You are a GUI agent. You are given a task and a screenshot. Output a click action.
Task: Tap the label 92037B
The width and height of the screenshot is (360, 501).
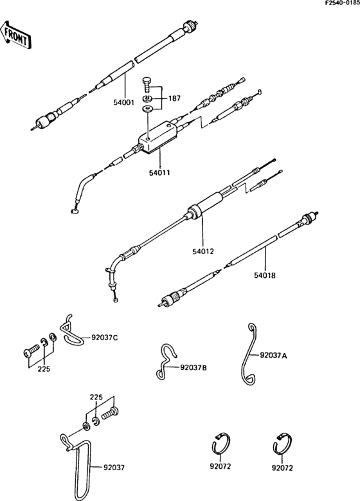click(194, 368)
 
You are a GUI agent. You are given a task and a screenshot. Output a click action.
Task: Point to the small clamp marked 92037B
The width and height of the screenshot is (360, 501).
click(166, 363)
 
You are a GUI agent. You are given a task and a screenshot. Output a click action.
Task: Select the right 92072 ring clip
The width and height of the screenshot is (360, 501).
click(280, 444)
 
